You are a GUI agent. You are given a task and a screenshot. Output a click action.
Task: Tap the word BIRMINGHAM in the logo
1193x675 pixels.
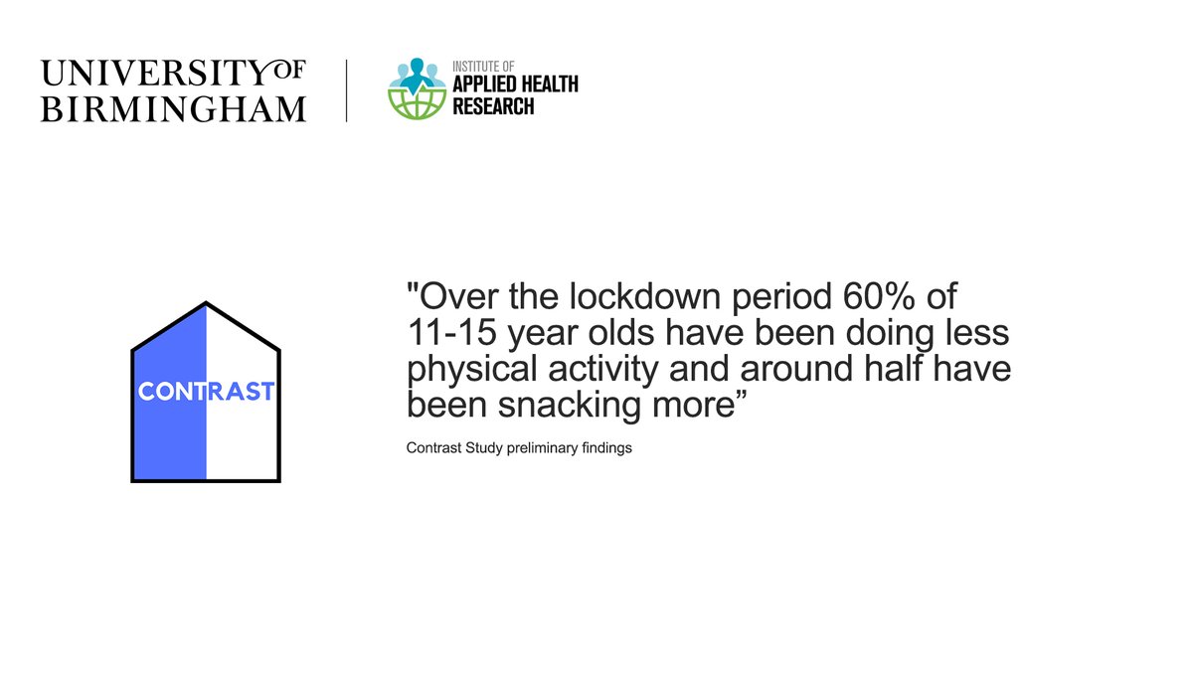(x=173, y=107)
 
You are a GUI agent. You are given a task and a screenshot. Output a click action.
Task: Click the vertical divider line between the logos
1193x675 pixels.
(x=346, y=90)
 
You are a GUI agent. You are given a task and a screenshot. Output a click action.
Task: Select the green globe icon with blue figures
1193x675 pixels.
(x=417, y=89)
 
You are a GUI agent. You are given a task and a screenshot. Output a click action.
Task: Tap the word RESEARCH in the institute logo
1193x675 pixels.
(x=493, y=105)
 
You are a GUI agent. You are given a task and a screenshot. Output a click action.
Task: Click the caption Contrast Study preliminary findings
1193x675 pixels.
(x=519, y=448)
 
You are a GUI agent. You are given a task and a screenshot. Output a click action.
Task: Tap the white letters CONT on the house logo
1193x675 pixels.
(x=171, y=392)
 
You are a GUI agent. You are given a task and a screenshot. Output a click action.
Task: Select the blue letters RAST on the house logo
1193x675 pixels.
(x=240, y=392)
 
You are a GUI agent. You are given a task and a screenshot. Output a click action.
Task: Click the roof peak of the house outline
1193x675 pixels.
(x=206, y=303)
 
